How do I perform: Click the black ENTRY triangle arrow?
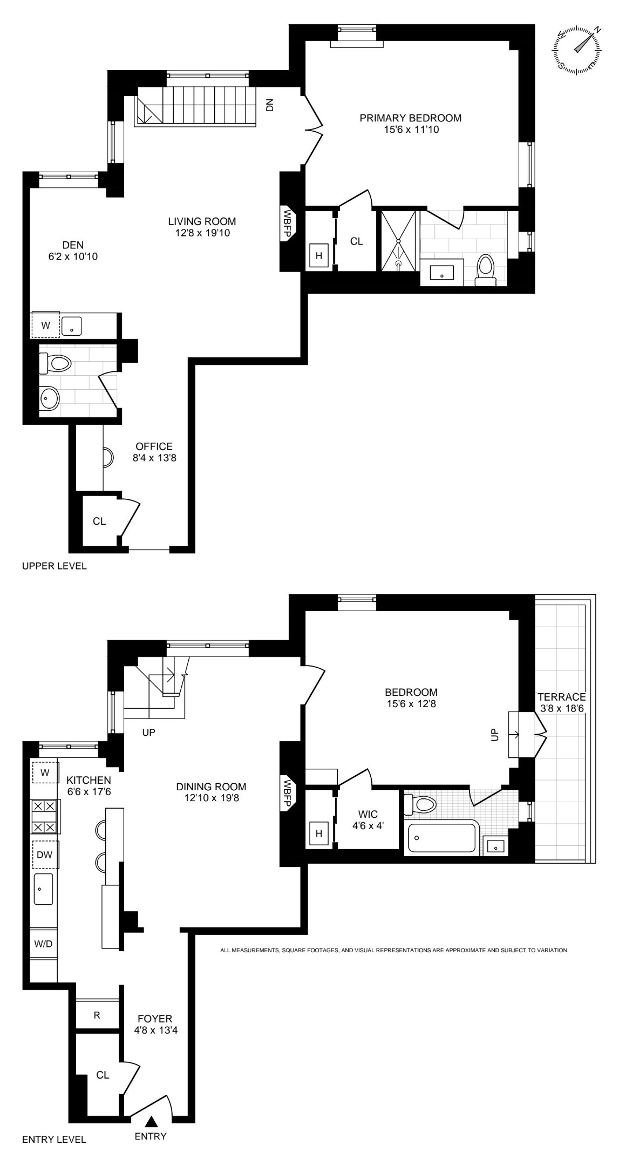click(x=152, y=1121)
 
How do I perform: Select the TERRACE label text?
click(x=561, y=697)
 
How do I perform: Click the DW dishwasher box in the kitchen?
click(x=45, y=855)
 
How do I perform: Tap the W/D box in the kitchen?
click(x=43, y=944)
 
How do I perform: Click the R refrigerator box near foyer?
click(x=97, y=1015)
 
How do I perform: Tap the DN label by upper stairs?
click(x=270, y=105)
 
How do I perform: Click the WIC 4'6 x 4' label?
click(x=367, y=819)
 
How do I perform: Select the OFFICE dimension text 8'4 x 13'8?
click(x=154, y=458)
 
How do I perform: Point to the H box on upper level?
click(x=319, y=256)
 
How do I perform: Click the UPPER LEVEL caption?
click(x=54, y=566)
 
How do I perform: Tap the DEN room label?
click(x=72, y=245)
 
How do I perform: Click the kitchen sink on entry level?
click(x=44, y=889)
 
